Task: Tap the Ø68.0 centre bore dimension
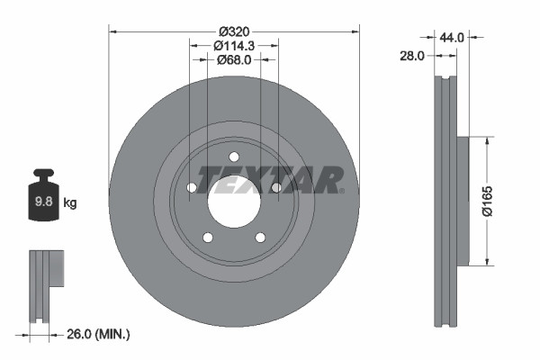(x=234, y=59)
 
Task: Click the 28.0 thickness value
(x=411, y=56)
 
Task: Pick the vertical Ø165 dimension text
(x=487, y=201)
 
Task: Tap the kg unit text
(x=70, y=203)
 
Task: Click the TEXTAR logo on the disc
(x=270, y=179)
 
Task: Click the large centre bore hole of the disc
(x=234, y=200)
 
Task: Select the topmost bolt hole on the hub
(x=234, y=157)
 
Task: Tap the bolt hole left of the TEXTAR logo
(x=192, y=187)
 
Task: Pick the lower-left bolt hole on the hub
(x=208, y=238)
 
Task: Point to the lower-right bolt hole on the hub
(x=260, y=238)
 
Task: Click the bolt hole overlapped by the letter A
(x=276, y=187)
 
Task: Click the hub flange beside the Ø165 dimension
(x=463, y=201)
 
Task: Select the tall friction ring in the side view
(x=445, y=201)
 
